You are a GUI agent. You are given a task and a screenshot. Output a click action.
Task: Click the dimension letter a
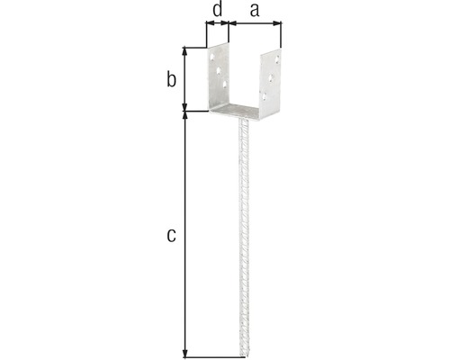[x=254, y=12]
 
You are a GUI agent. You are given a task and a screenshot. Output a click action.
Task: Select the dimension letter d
[x=217, y=12]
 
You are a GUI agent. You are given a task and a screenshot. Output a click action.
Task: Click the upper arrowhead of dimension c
[x=184, y=116]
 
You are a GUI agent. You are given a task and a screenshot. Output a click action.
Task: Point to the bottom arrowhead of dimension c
[x=184, y=352]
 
